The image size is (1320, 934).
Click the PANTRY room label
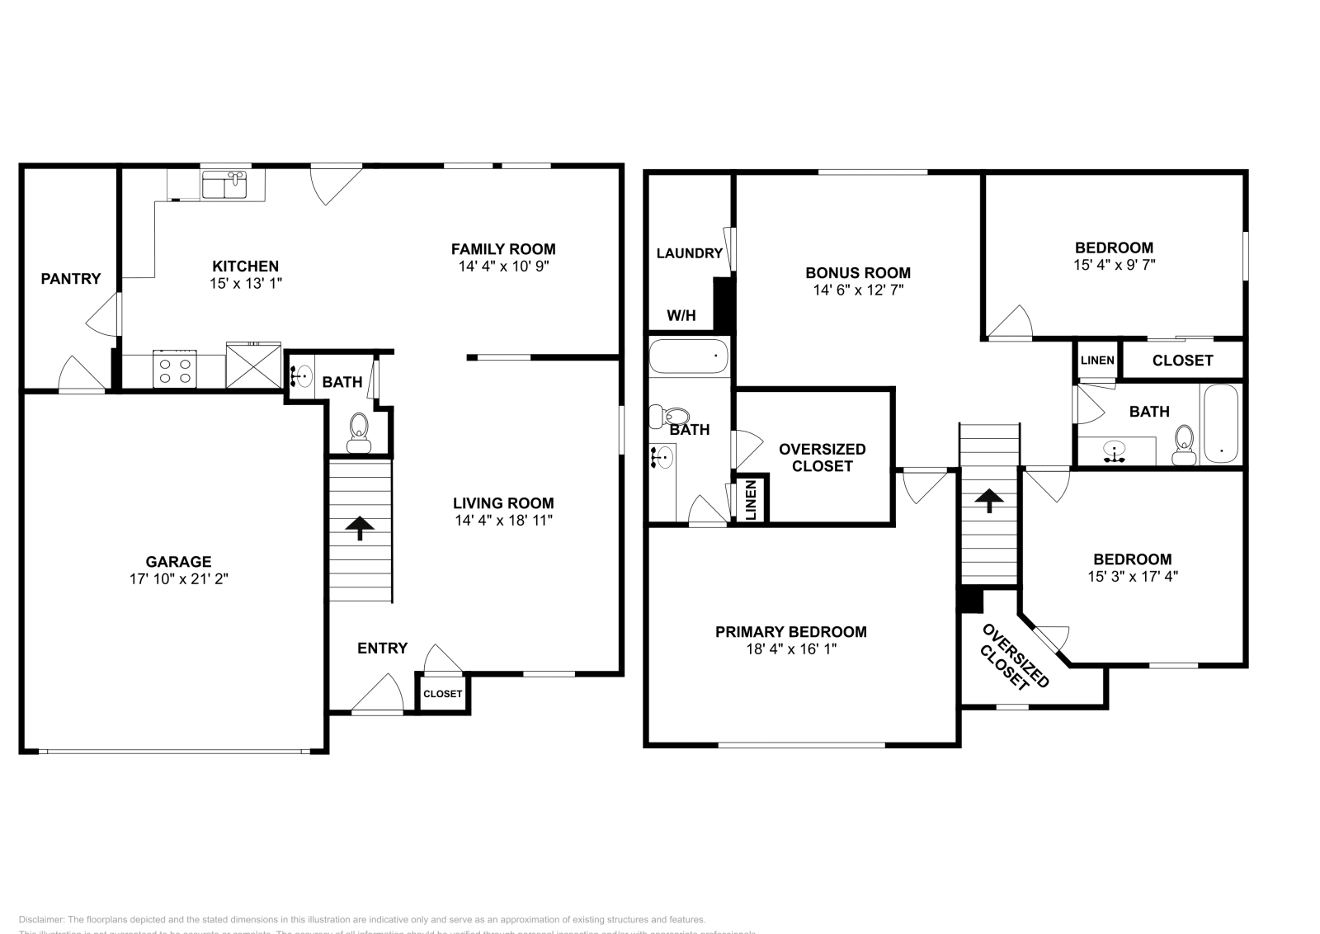click(71, 279)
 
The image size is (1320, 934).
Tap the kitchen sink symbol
click(225, 185)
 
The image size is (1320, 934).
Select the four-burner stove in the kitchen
click(175, 369)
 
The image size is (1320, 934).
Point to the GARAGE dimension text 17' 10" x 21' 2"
click(178, 579)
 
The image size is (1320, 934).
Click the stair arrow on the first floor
click(360, 528)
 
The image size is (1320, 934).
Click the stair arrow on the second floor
click(988, 500)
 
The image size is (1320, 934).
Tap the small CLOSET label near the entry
click(442, 694)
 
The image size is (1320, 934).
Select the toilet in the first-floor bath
click(359, 432)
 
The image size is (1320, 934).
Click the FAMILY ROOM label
click(502, 249)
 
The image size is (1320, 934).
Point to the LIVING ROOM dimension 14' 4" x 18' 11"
click(502, 521)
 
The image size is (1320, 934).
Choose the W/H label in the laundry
click(681, 316)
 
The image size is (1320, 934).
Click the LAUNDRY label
click(690, 253)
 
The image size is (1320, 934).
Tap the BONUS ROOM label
click(857, 273)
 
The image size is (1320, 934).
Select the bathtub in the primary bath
click(689, 357)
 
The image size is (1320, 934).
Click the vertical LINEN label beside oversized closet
click(751, 501)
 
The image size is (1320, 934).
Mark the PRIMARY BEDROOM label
click(790, 632)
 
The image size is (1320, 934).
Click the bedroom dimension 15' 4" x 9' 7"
click(1114, 265)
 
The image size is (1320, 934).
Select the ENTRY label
click(382, 649)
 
